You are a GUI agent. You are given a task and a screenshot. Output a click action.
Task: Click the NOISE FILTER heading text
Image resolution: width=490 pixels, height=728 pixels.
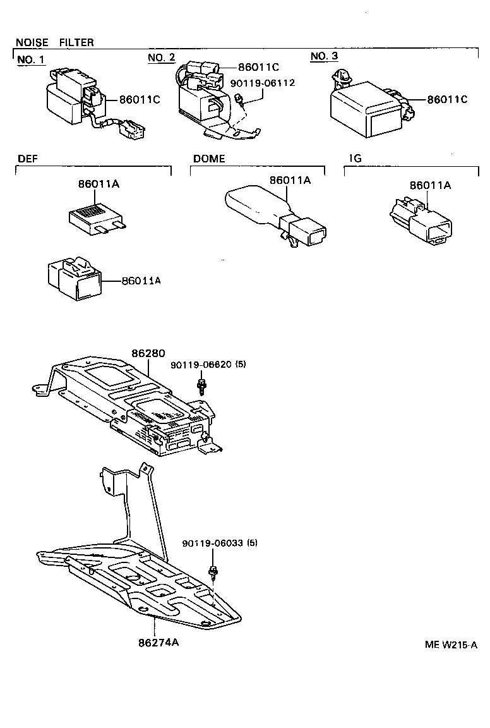(x=54, y=42)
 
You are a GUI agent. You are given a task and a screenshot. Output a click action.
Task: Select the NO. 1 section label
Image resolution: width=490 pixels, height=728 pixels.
(x=31, y=59)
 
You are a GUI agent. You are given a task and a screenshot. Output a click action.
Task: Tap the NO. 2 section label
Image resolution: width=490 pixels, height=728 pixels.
(x=161, y=58)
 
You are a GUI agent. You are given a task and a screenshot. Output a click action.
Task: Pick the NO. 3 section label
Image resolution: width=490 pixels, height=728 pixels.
(x=324, y=57)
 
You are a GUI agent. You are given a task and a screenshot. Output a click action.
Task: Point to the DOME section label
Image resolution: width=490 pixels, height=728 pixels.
(x=208, y=159)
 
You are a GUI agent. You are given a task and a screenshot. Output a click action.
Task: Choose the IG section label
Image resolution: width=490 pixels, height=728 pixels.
(x=355, y=159)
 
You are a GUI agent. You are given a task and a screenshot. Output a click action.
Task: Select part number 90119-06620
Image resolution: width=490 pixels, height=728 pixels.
(x=201, y=365)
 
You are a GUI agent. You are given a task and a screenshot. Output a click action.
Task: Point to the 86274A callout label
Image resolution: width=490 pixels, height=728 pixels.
(x=158, y=643)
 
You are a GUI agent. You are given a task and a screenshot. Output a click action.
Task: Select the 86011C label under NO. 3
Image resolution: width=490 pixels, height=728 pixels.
(x=447, y=99)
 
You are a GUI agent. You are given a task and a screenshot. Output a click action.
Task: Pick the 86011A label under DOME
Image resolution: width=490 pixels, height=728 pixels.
(x=290, y=180)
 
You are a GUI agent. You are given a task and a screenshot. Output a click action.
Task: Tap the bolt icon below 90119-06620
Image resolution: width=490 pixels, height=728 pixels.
(x=201, y=387)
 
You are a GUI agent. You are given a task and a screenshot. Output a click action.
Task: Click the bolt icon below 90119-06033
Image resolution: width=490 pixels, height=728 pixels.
(x=214, y=573)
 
